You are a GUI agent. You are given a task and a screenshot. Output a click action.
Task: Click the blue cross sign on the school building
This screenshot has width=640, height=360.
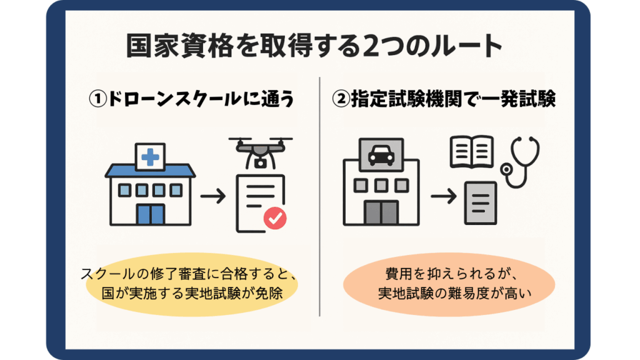point(150,157)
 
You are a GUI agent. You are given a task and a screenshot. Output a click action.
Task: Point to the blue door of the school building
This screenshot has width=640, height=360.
point(150,214)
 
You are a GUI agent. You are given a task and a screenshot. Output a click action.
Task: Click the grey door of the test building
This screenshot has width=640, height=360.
point(381,212)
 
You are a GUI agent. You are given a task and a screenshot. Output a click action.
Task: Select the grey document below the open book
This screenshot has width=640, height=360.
point(479,202)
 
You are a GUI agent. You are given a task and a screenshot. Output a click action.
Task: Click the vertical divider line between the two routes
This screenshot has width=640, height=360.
point(320,187)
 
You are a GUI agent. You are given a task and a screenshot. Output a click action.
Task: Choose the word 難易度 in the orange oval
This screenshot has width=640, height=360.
point(479,294)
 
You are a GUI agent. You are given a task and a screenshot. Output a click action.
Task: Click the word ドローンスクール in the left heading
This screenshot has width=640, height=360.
point(169,101)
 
